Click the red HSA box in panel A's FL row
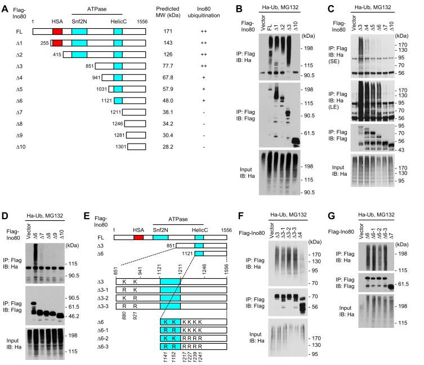pos(57,33)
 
